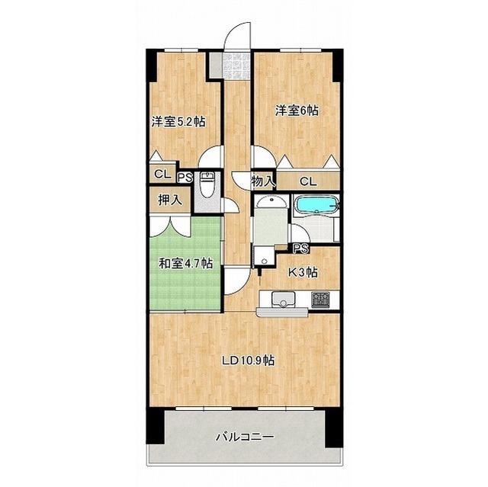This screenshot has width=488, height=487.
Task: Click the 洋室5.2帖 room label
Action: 178,122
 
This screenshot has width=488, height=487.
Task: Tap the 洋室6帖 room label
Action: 297,111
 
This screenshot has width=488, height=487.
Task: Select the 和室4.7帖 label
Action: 186,264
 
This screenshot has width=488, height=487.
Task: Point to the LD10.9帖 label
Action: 248,360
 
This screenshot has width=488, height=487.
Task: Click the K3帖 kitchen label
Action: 303,273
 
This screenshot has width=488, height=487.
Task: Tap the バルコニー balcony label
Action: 246,437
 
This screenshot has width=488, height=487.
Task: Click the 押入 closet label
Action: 169,200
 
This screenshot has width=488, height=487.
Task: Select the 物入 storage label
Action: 263,181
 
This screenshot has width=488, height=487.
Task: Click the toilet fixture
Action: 206,184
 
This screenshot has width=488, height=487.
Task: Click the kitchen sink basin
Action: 283,300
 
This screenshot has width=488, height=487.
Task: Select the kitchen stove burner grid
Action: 320,300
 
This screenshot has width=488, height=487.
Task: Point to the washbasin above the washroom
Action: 271,203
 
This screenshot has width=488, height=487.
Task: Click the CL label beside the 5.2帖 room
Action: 162,175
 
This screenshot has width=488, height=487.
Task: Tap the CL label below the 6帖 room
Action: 308,181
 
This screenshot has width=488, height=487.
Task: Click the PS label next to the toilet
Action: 185,178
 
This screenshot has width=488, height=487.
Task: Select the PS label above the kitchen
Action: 300,248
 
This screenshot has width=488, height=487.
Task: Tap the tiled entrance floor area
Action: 237,66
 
